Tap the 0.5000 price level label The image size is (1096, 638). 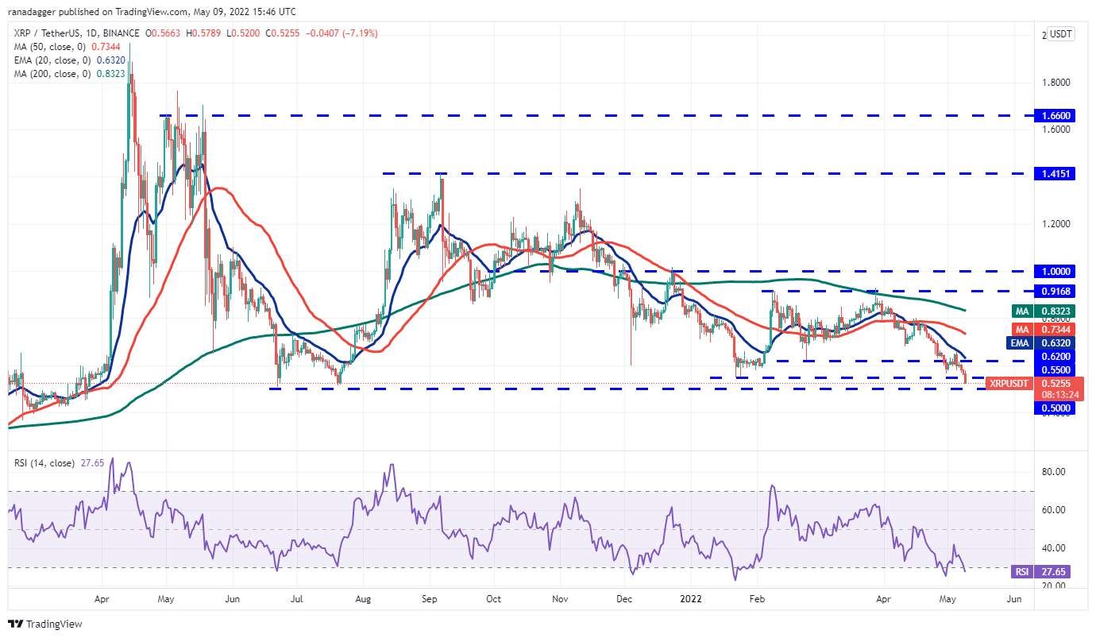[x=1055, y=408]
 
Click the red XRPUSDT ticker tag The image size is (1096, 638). [x=1008, y=384]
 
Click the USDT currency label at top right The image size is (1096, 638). [x=1060, y=34]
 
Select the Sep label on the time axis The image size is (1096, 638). [x=430, y=599]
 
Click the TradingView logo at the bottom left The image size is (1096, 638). [x=45, y=624]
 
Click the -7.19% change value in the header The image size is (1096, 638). [x=358, y=33]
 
